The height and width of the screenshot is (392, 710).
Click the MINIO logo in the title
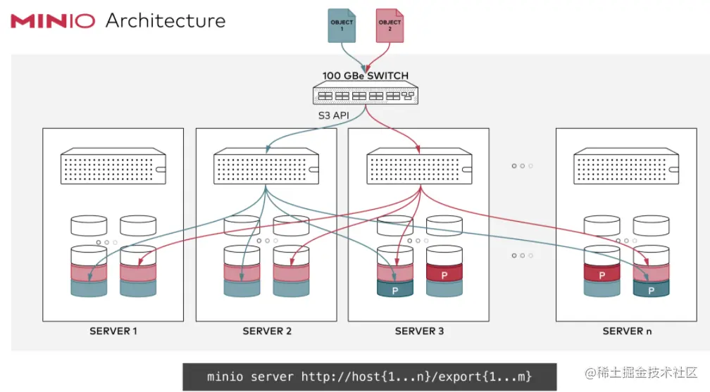point(53,20)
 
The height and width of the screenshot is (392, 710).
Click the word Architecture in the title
point(166,20)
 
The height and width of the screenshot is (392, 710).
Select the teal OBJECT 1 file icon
point(342,25)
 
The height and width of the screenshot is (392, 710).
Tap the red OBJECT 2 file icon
point(390,25)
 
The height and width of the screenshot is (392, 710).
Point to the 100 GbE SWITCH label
point(365,75)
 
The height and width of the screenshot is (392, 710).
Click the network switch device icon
point(365,94)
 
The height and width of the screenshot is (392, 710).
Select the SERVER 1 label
point(113,331)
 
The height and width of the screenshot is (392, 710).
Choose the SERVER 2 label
point(266,331)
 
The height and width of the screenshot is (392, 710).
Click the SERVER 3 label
point(419,331)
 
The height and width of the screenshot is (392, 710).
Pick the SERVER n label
point(628,331)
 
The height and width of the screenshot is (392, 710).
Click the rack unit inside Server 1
point(113,166)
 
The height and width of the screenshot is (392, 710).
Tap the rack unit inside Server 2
point(266,166)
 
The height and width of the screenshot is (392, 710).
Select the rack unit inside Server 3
point(420,166)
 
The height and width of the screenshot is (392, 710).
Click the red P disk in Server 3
point(444,274)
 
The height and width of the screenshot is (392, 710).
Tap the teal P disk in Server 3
point(394,289)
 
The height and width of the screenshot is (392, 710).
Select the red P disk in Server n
point(602,274)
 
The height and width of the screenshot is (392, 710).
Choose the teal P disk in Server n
point(651,289)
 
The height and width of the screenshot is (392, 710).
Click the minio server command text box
point(370,377)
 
